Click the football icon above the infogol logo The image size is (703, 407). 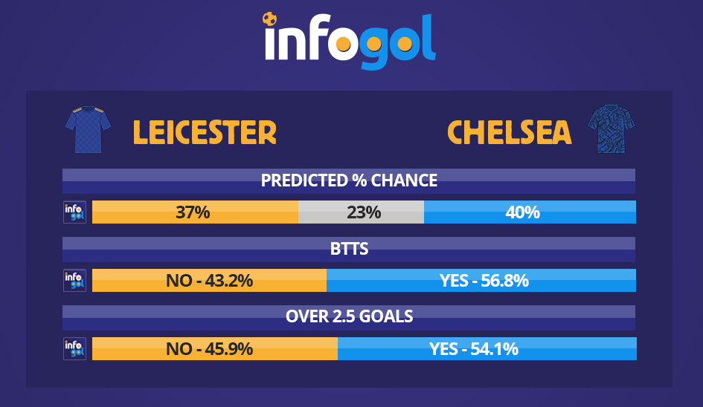(x=269, y=19)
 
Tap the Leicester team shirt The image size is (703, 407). (x=89, y=130)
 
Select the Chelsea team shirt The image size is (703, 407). (x=611, y=129)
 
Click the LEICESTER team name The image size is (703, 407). (x=205, y=132)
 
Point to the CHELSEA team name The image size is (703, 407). (x=510, y=132)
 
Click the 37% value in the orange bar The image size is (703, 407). (x=193, y=212)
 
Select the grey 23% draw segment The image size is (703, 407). (x=361, y=212)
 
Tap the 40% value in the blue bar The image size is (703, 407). (x=523, y=212)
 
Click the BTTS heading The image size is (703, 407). (x=349, y=249)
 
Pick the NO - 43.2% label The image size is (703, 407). (x=209, y=281)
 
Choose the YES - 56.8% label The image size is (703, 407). (x=484, y=281)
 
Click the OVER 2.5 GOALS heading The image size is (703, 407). (x=349, y=316)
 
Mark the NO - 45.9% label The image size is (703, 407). (x=209, y=349)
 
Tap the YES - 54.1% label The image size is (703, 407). (x=474, y=349)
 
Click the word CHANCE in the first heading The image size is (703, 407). (x=404, y=180)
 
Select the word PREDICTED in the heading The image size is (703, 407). (x=304, y=180)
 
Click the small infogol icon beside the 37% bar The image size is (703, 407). (x=75, y=212)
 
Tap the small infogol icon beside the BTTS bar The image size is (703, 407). (x=75, y=281)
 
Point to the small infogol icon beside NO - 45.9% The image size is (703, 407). (x=75, y=349)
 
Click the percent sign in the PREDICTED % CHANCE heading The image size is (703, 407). (x=359, y=180)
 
